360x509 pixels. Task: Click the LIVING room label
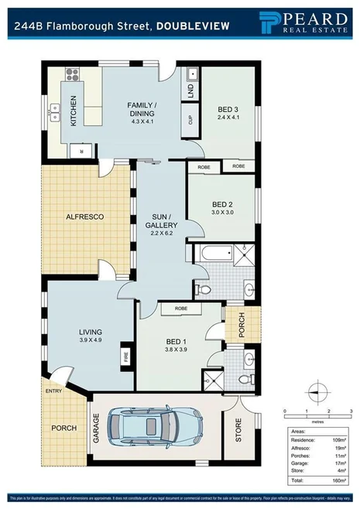[x=89, y=332]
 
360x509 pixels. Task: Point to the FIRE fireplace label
[x=125, y=358]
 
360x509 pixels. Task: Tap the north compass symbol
[x=317, y=390]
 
